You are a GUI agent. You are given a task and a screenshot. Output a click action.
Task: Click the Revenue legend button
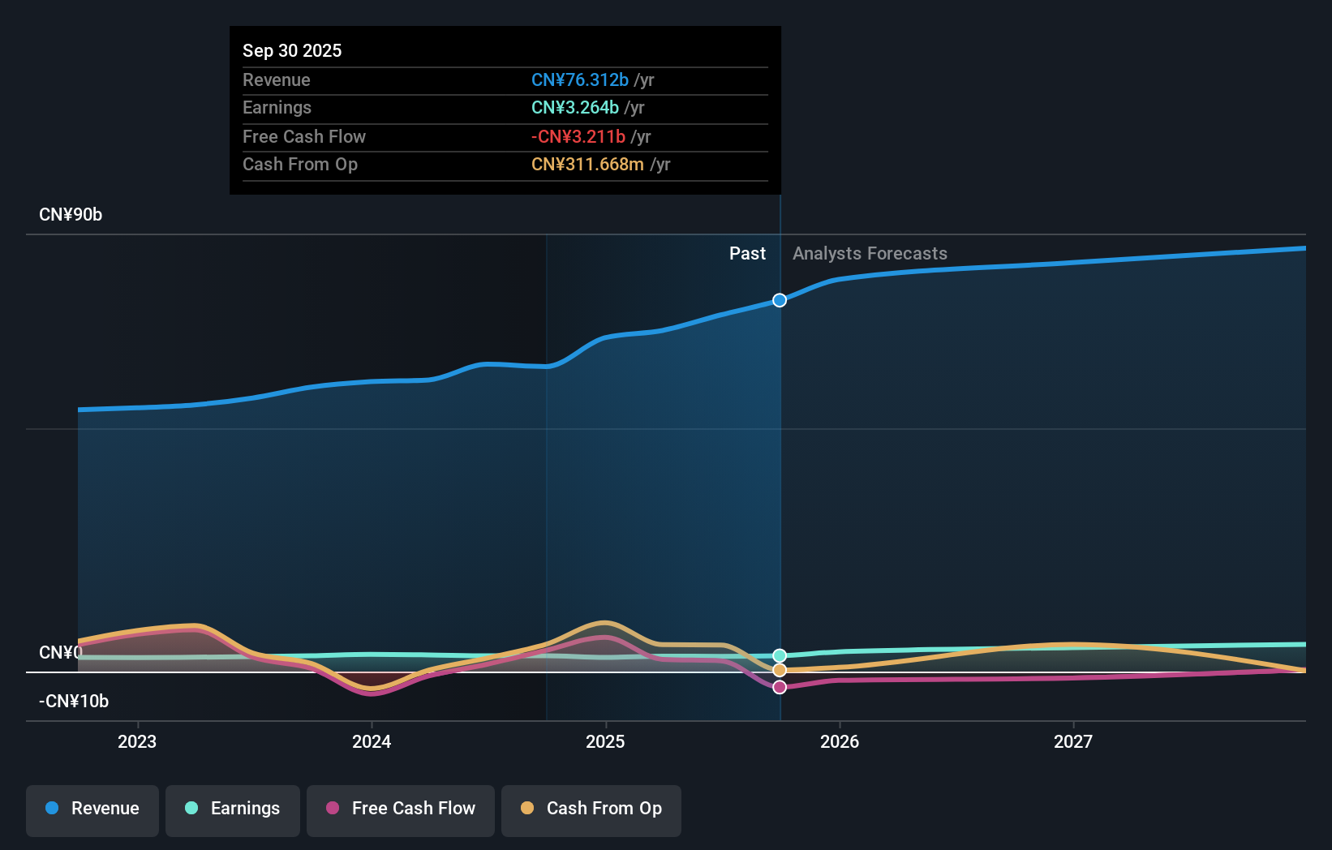92,809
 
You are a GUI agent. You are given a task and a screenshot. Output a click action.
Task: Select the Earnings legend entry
233,809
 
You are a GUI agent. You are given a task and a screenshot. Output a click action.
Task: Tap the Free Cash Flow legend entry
401,809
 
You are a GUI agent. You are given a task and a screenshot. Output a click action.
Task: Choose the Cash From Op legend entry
591,809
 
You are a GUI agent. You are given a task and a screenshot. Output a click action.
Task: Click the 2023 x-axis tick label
137,741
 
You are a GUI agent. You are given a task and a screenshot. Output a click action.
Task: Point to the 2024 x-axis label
372,741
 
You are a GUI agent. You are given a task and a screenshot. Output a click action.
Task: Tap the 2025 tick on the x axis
605,741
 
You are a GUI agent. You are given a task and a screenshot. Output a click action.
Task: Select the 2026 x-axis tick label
840,741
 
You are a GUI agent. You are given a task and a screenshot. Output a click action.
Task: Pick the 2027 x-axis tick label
1073,741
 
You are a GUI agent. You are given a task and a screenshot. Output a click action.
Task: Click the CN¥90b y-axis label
71,215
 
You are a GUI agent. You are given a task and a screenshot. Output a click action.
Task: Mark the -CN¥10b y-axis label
74,702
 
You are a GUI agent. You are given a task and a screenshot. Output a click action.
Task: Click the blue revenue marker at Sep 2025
780,300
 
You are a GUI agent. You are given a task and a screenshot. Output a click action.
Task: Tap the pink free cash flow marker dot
780,687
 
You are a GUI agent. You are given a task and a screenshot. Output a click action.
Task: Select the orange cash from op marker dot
780,670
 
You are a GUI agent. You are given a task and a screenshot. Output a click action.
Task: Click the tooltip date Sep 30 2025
292,50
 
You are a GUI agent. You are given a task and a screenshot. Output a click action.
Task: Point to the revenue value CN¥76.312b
580,79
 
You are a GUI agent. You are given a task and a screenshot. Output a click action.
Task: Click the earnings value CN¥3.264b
575,107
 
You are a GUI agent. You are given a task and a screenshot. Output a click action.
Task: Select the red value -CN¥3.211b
578,136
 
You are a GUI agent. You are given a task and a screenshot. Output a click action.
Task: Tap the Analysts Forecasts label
870,254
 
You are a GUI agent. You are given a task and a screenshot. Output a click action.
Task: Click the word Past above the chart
747,254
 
